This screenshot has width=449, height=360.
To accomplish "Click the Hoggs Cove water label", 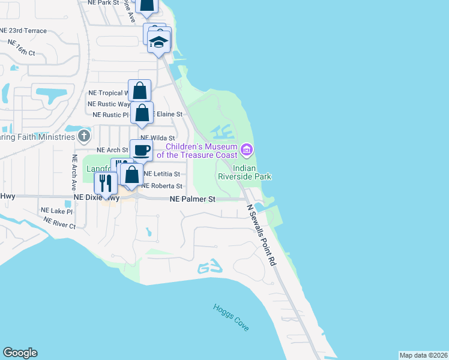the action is click(x=231, y=317).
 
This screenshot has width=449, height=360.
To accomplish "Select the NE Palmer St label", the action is click(x=192, y=198).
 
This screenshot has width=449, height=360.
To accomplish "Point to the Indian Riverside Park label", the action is click(x=252, y=172).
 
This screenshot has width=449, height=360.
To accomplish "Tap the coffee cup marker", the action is click(x=141, y=151).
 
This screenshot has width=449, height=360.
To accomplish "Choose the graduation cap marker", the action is click(x=158, y=42).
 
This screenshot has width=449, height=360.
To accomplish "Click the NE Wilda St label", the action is click(x=157, y=138).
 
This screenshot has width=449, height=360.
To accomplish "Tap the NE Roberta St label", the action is click(x=161, y=186).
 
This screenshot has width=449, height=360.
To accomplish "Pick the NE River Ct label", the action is click(x=59, y=223).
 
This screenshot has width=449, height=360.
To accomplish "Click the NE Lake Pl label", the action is click(x=56, y=211).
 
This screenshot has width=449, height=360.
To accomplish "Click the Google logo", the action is click(x=20, y=353).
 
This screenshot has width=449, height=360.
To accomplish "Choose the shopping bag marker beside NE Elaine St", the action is click(x=142, y=113).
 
